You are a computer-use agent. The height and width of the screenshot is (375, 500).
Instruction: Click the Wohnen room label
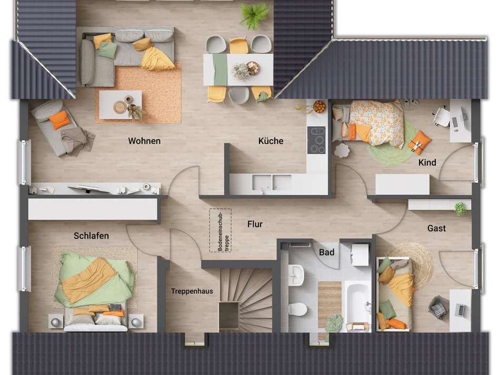pyautogui.click(x=144, y=141)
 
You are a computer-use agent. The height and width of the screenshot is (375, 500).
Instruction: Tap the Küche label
pyautogui.click(x=271, y=141)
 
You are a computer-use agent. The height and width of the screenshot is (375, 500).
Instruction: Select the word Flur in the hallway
pyautogui.click(x=255, y=224)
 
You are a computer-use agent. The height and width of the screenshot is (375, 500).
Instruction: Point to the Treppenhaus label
pyautogui.click(x=192, y=291)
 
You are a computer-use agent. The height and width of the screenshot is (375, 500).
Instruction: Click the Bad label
pyautogui.click(x=326, y=252)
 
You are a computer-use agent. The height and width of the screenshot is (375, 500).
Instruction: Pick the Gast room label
pyautogui.click(x=436, y=228)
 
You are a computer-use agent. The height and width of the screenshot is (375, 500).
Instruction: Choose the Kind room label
pyautogui.click(x=427, y=162)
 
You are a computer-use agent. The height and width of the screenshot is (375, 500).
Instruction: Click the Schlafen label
pyautogui.click(x=91, y=236)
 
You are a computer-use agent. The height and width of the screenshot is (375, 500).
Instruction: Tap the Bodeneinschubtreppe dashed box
pyautogui.click(x=221, y=230)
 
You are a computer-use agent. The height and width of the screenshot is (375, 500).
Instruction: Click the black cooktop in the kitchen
pyautogui.click(x=316, y=140)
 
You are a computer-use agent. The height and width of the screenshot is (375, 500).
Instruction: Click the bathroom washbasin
pyautogui.click(x=296, y=275)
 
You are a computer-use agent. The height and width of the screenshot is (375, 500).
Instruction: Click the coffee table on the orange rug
pyautogui.click(x=121, y=105)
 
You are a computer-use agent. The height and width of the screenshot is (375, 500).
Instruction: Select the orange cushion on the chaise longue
pyautogui.click(x=59, y=120)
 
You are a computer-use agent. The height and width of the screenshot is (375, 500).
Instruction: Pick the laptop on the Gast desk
pyautogui.click(x=460, y=310)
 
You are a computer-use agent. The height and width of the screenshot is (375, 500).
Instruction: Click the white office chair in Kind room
pyautogui.click(x=442, y=116)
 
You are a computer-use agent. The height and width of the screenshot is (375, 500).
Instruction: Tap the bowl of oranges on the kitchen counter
pyautogui.click(x=319, y=106)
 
